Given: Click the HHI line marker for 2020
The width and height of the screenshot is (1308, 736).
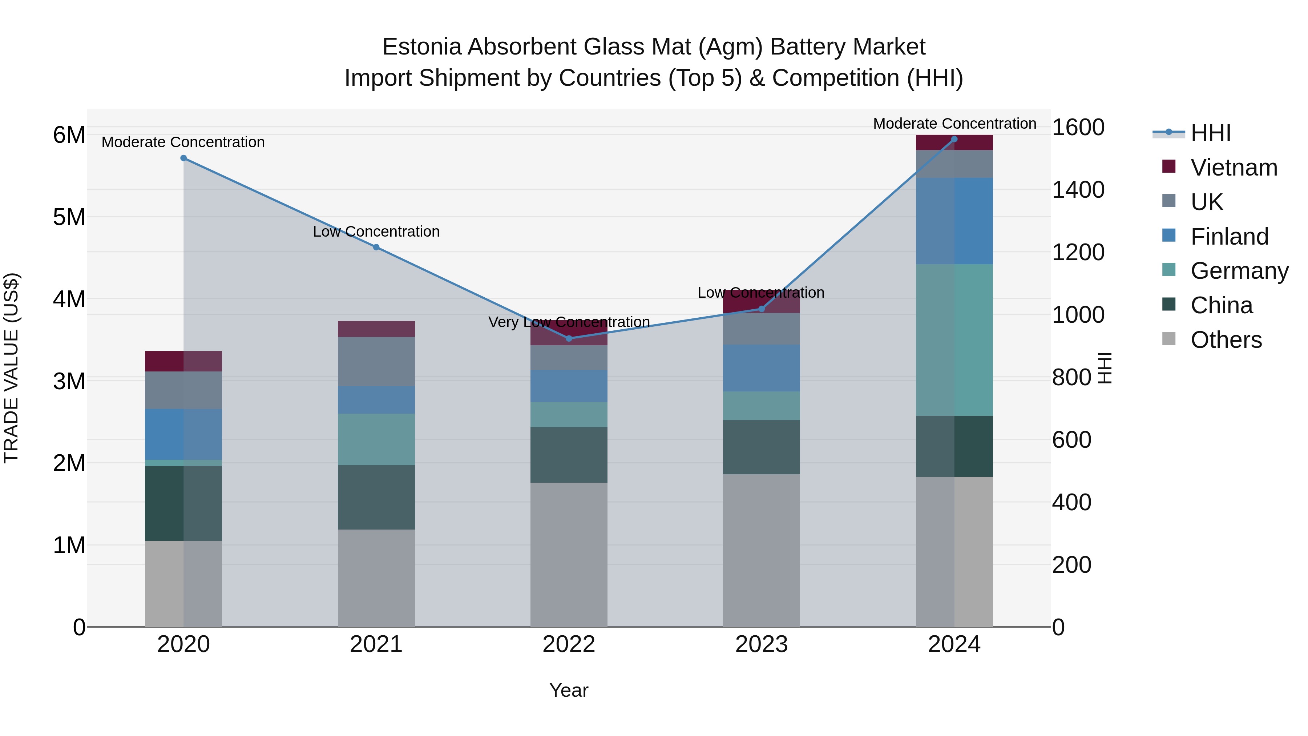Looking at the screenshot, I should [x=184, y=158].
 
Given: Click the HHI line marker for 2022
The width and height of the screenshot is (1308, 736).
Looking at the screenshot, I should [x=569, y=338].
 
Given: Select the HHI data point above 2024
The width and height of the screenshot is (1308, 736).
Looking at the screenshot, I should [x=954, y=139].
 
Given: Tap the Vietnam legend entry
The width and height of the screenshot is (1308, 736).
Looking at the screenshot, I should [x=1234, y=168].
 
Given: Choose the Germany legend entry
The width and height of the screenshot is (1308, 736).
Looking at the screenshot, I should [x=1239, y=271].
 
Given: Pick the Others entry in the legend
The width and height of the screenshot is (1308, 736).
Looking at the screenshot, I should [x=1226, y=340].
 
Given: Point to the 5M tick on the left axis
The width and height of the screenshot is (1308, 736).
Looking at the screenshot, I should [x=69, y=217].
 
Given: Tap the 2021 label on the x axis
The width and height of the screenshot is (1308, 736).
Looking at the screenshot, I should [x=376, y=644].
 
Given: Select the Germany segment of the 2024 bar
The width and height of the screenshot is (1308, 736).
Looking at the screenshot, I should [x=954, y=340].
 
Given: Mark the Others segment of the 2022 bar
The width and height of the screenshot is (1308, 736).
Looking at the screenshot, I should [x=569, y=554].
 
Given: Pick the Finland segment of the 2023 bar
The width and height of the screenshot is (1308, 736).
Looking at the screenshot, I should [x=761, y=368].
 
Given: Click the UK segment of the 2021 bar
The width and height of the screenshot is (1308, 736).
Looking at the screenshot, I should [x=376, y=361].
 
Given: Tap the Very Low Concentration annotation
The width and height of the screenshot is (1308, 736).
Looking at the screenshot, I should [x=569, y=322].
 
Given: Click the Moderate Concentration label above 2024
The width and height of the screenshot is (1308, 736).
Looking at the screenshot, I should [x=954, y=124].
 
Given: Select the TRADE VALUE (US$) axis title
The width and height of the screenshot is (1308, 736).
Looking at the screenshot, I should [x=11, y=368].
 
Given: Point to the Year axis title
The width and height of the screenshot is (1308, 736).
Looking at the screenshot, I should [x=569, y=690].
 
